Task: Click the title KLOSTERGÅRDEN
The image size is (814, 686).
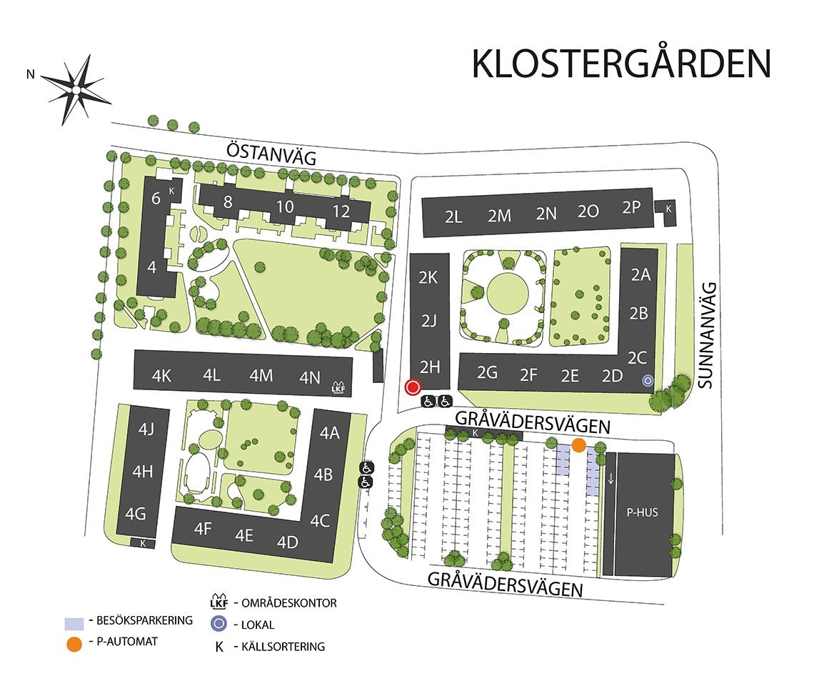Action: click(621, 64)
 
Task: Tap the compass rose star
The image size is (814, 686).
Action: click(75, 89)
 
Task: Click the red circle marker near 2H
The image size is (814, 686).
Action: click(412, 387)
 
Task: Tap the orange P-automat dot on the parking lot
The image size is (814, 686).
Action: click(578, 444)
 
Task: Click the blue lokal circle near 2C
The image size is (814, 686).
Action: click(648, 380)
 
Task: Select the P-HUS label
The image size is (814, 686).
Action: click(643, 512)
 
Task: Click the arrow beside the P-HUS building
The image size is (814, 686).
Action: click(610, 477)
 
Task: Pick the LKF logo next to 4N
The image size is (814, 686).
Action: click(338, 387)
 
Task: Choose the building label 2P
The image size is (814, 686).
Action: click(632, 208)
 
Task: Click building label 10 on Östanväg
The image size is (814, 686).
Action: click(285, 207)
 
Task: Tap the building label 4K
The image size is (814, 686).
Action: click(162, 376)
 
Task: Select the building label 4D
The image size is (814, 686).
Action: click(287, 542)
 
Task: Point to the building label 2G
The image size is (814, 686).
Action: click(487, 372)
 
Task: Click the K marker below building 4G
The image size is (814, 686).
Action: click(144, 543)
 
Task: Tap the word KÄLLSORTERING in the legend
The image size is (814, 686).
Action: click(283, 647)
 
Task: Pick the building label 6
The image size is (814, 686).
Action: click(156, 199)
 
